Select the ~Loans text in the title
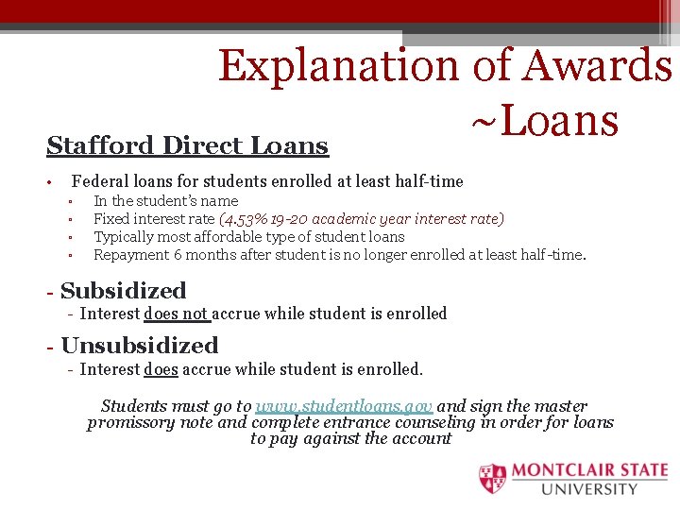pos(544,121)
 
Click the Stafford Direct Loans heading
pos(187,146)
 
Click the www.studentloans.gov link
pos(344,406)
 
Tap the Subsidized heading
pos(123,291)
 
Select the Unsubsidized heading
pos(139,346)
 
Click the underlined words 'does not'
pos(176,314)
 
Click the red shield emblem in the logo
pos(492,479)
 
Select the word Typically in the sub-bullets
pos(125,237)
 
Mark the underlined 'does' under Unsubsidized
pos(160,369)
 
